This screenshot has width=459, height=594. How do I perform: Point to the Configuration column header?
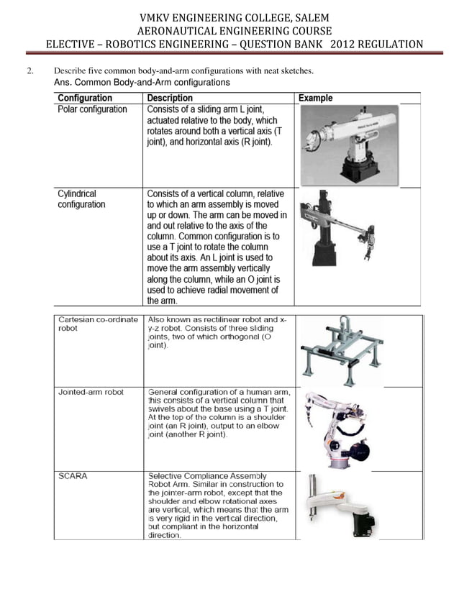pyautogui.click(x=85, y=98)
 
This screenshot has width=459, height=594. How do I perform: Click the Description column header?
pyautogui.click(x=170, y=98)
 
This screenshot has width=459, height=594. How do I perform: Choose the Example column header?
pyautogui.click(x=316, y=98)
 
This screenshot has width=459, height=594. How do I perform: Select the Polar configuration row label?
pyautogui.click(x=92, y=109)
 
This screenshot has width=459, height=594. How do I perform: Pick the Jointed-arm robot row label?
pyautogui.click(x=91, y=392)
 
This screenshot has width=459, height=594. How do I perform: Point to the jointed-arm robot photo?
pyautogui.click(x=335, y=429)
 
